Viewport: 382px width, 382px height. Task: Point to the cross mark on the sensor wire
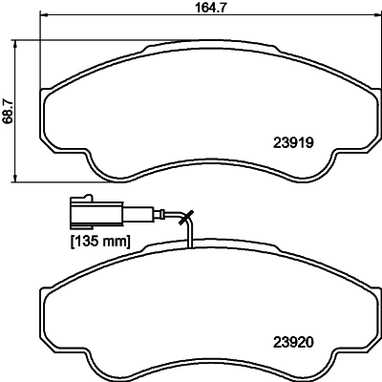(x=186, y=218)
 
